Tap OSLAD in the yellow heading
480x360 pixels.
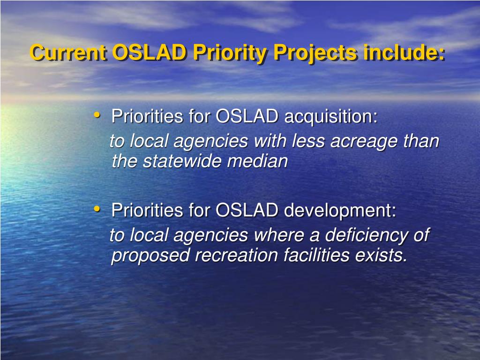click(149, 52)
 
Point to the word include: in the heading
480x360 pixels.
click(405, 52)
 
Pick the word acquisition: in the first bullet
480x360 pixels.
click(330, 117)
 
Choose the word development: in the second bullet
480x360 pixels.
click(340, 210)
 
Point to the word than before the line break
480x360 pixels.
click(422, 141)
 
